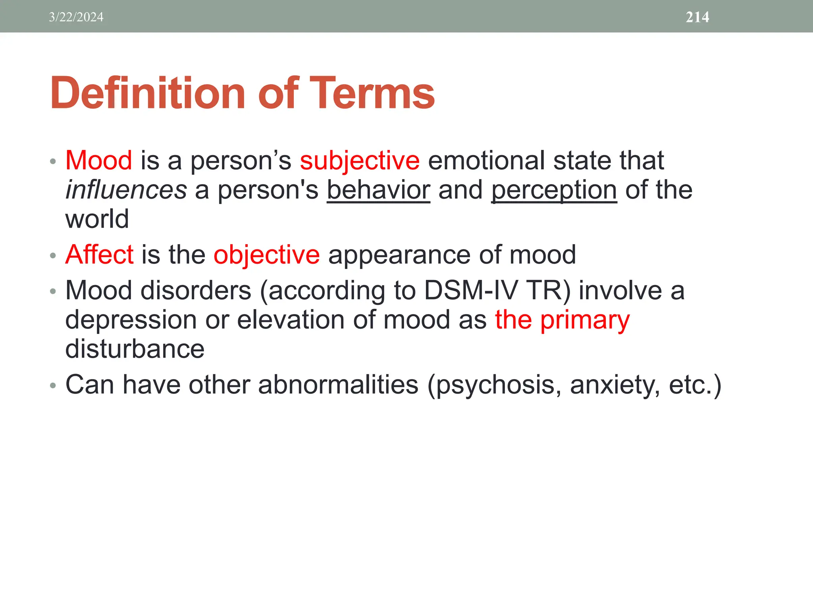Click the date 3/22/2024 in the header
click(76, 17)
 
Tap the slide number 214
click(697, 17)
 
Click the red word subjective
click(359, 161)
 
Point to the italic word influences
click(126, 190)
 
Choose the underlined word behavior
click(378, 190)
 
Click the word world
click(97, 219)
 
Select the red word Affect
click(99, 254)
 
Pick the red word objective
click(266, 255)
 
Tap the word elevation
click(291, 320)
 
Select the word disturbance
click(135, 349)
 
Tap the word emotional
click(486, 161)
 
